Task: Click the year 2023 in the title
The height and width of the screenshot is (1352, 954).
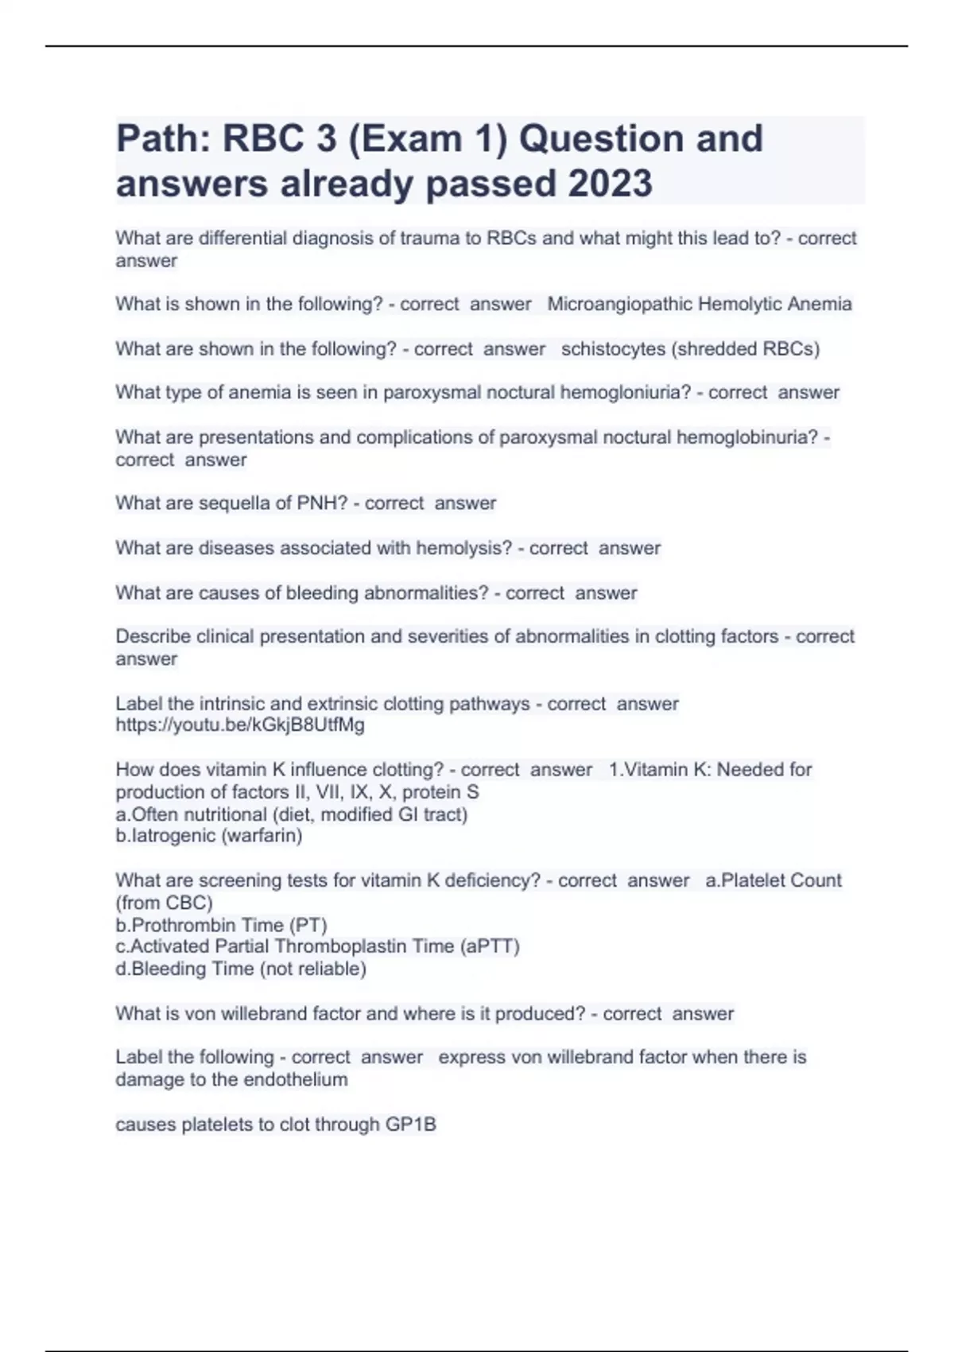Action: [610, 184]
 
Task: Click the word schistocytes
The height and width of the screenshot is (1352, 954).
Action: [613, 349]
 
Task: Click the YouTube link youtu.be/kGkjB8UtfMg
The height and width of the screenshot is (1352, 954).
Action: [240, 725]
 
